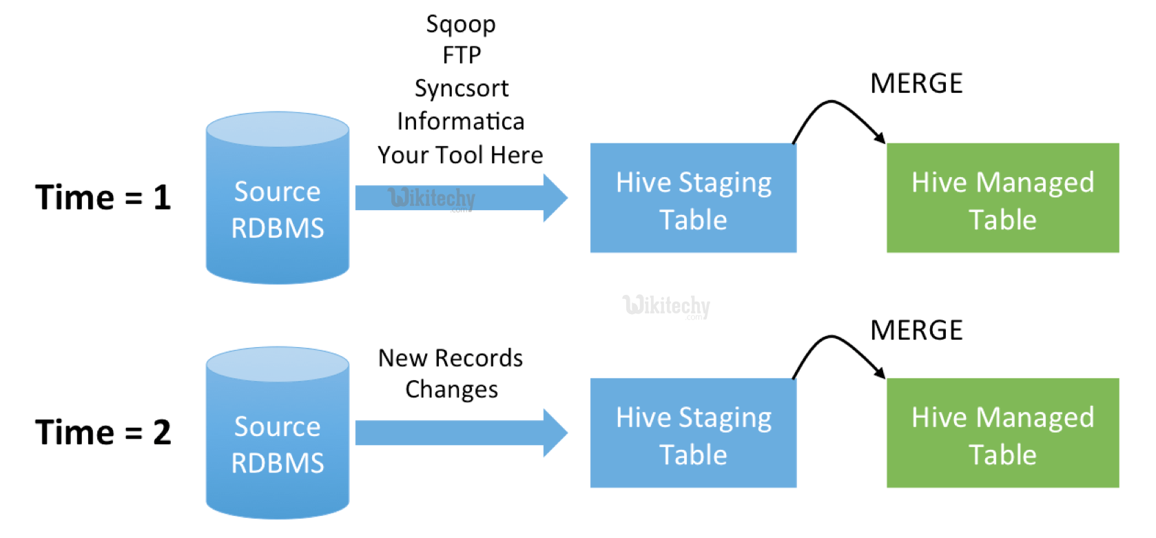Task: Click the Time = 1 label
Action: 103,198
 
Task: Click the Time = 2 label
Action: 103,433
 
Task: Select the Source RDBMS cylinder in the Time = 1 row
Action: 277,207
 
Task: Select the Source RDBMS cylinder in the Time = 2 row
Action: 277,441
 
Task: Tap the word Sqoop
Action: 460,25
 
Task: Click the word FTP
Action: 461,55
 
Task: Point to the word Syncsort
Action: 461,88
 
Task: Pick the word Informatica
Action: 460,121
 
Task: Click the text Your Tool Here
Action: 460,155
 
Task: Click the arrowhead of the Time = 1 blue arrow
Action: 555,198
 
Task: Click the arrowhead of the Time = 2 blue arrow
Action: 555,433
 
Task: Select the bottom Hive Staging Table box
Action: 693,433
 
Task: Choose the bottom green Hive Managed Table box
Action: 1002,433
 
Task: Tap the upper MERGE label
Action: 916,84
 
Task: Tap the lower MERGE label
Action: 916,331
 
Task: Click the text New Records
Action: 451,358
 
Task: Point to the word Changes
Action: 451,390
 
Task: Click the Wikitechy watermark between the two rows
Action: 665,305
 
